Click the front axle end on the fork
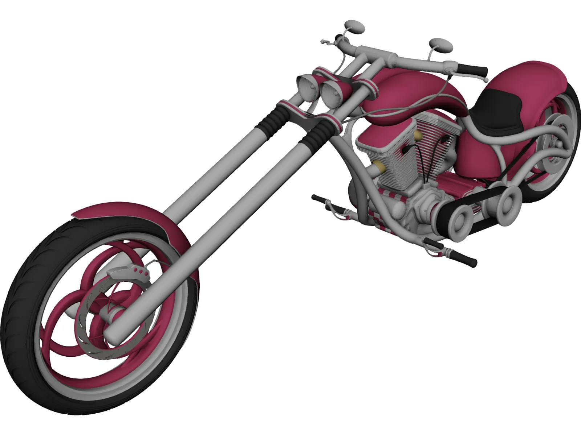(x=111, y=332)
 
